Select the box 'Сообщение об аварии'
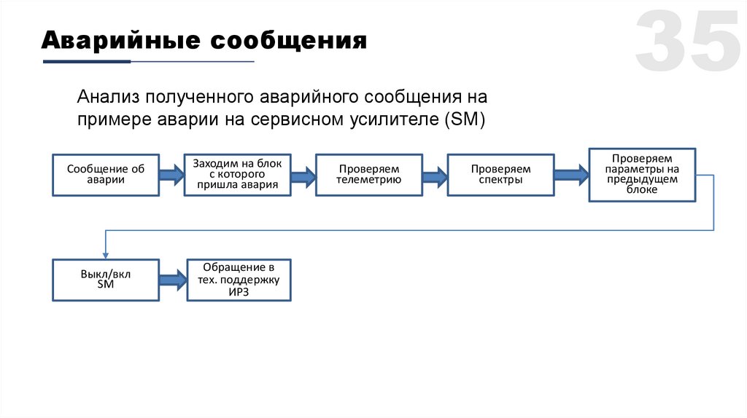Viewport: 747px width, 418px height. coord(106,175)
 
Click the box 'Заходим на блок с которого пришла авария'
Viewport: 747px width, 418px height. coord(237,175)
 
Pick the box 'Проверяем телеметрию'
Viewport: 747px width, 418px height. coord(368,175)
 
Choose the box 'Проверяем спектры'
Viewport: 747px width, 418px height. coord(500,175)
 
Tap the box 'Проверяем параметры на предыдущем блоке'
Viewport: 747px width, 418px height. coord(642,174)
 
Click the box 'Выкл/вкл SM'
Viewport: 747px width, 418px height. coord(106,280)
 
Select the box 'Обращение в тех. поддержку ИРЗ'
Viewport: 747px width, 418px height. coord(239,280)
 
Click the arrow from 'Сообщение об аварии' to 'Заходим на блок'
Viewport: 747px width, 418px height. coord(171,175)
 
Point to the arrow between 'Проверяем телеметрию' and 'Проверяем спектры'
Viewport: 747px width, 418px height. coord(434,175)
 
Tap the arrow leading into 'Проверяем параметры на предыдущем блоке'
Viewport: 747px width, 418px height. coord(571,175)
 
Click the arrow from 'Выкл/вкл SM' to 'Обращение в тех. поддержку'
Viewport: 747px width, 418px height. coord(173,280)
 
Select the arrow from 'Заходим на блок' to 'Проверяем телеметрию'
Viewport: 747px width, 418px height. coord(303,175)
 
